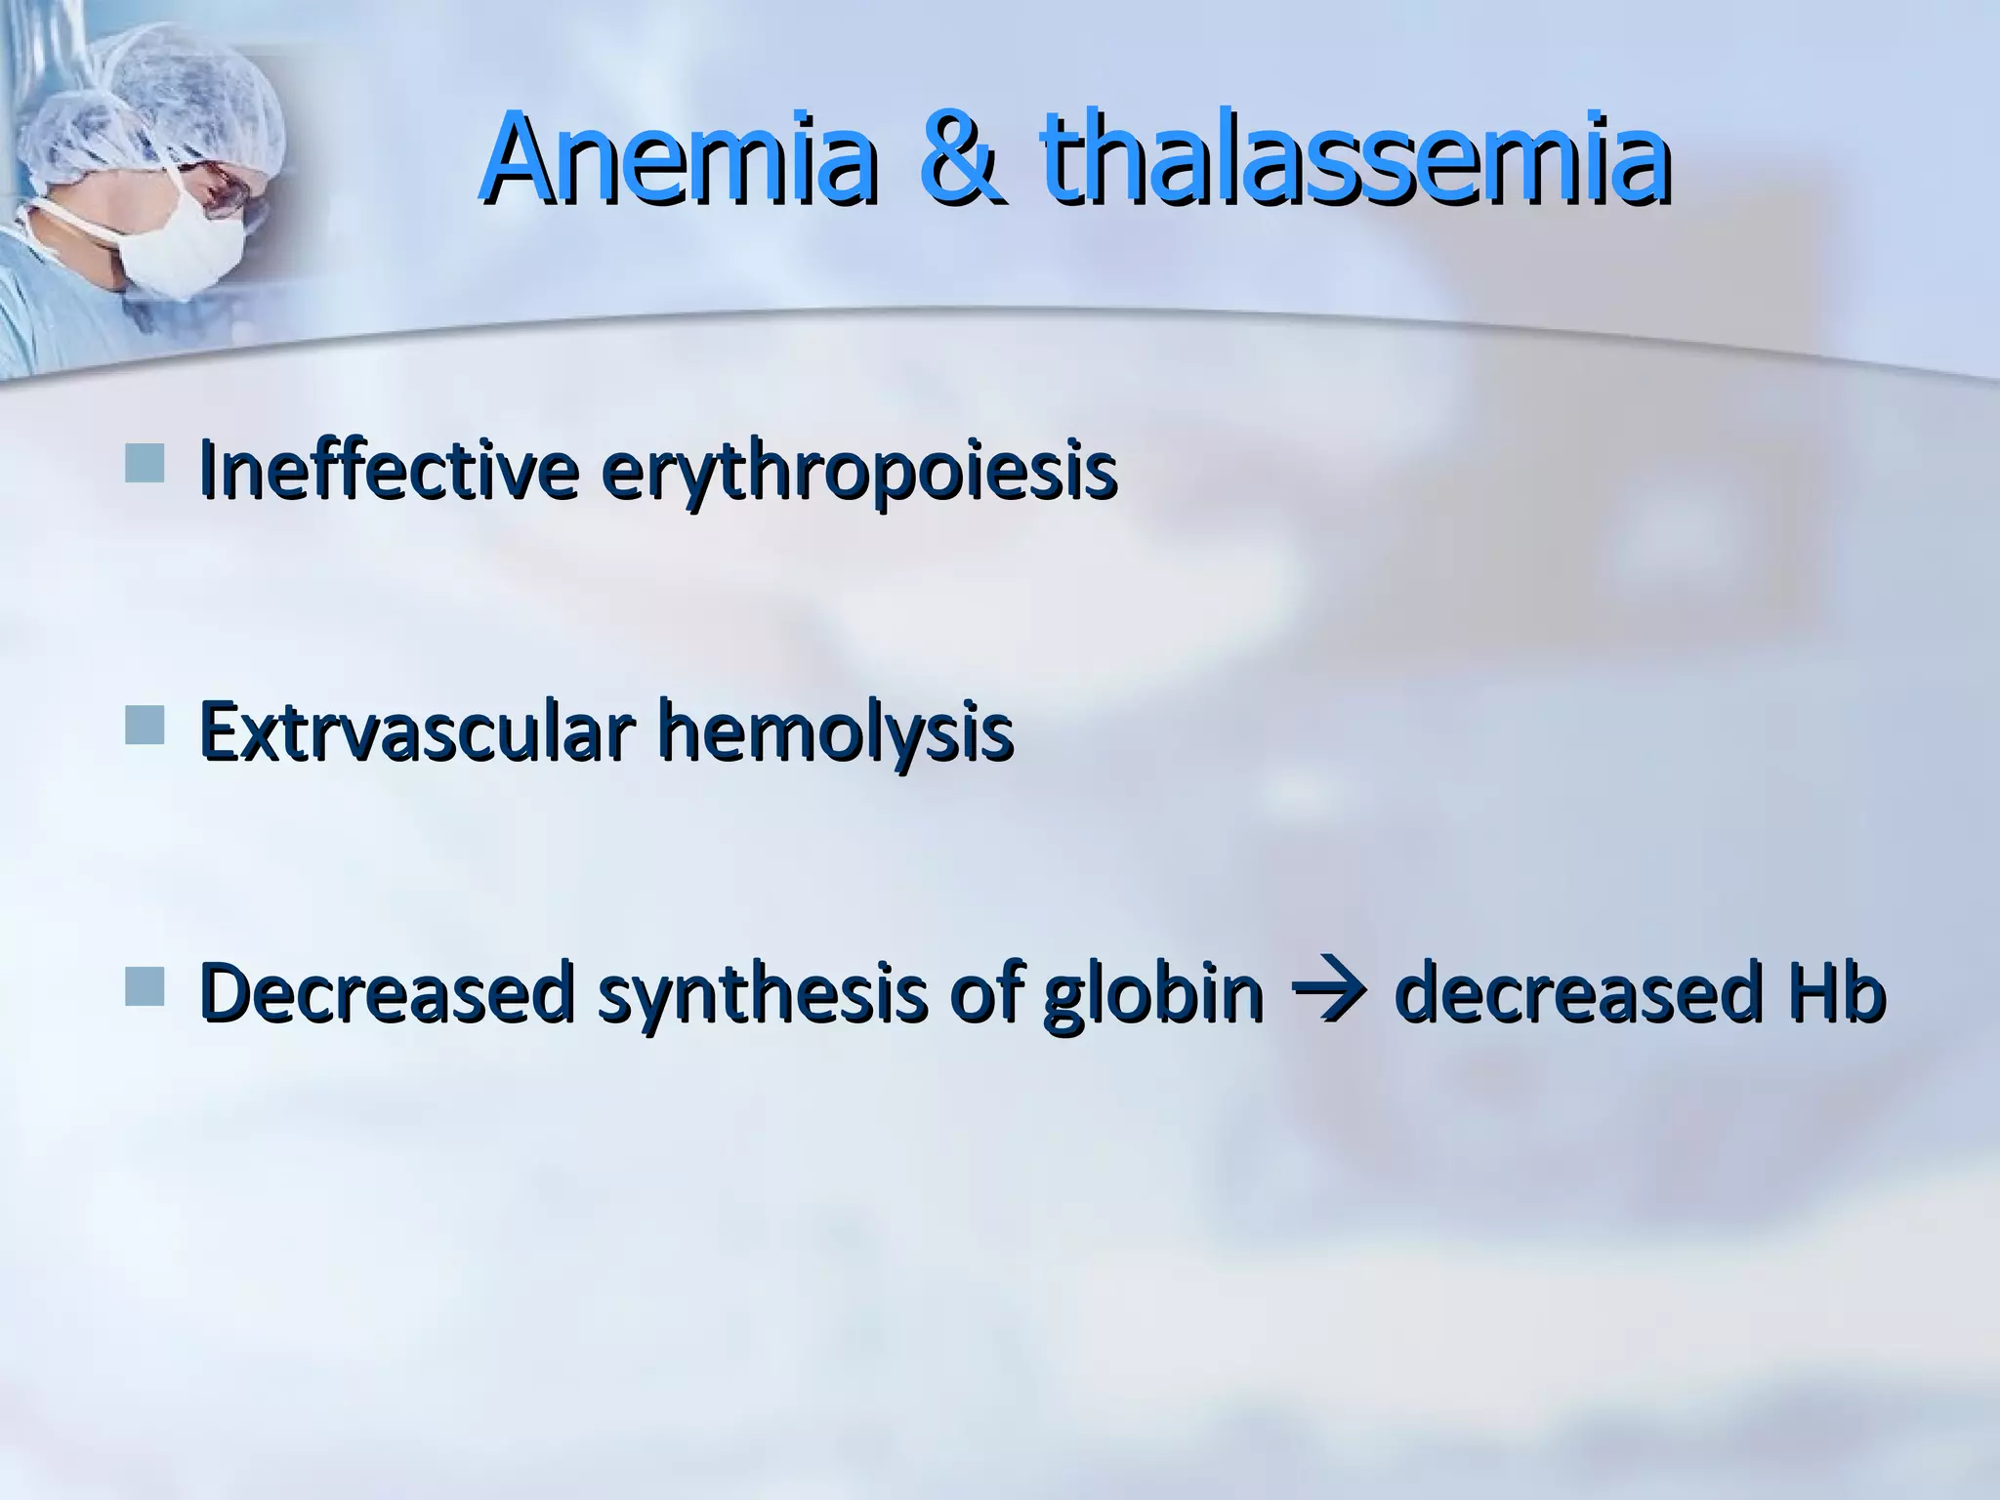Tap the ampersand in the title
pyautogui.click(x=961, y=160)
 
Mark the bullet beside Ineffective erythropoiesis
pyautogui.click(x=145, y=463)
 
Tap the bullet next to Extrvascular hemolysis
pyautogui.click(x=145, y=726)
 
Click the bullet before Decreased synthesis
pyautogui.click(x=145, y=987)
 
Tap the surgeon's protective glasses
pyautogui.click(x=234, y=190)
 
